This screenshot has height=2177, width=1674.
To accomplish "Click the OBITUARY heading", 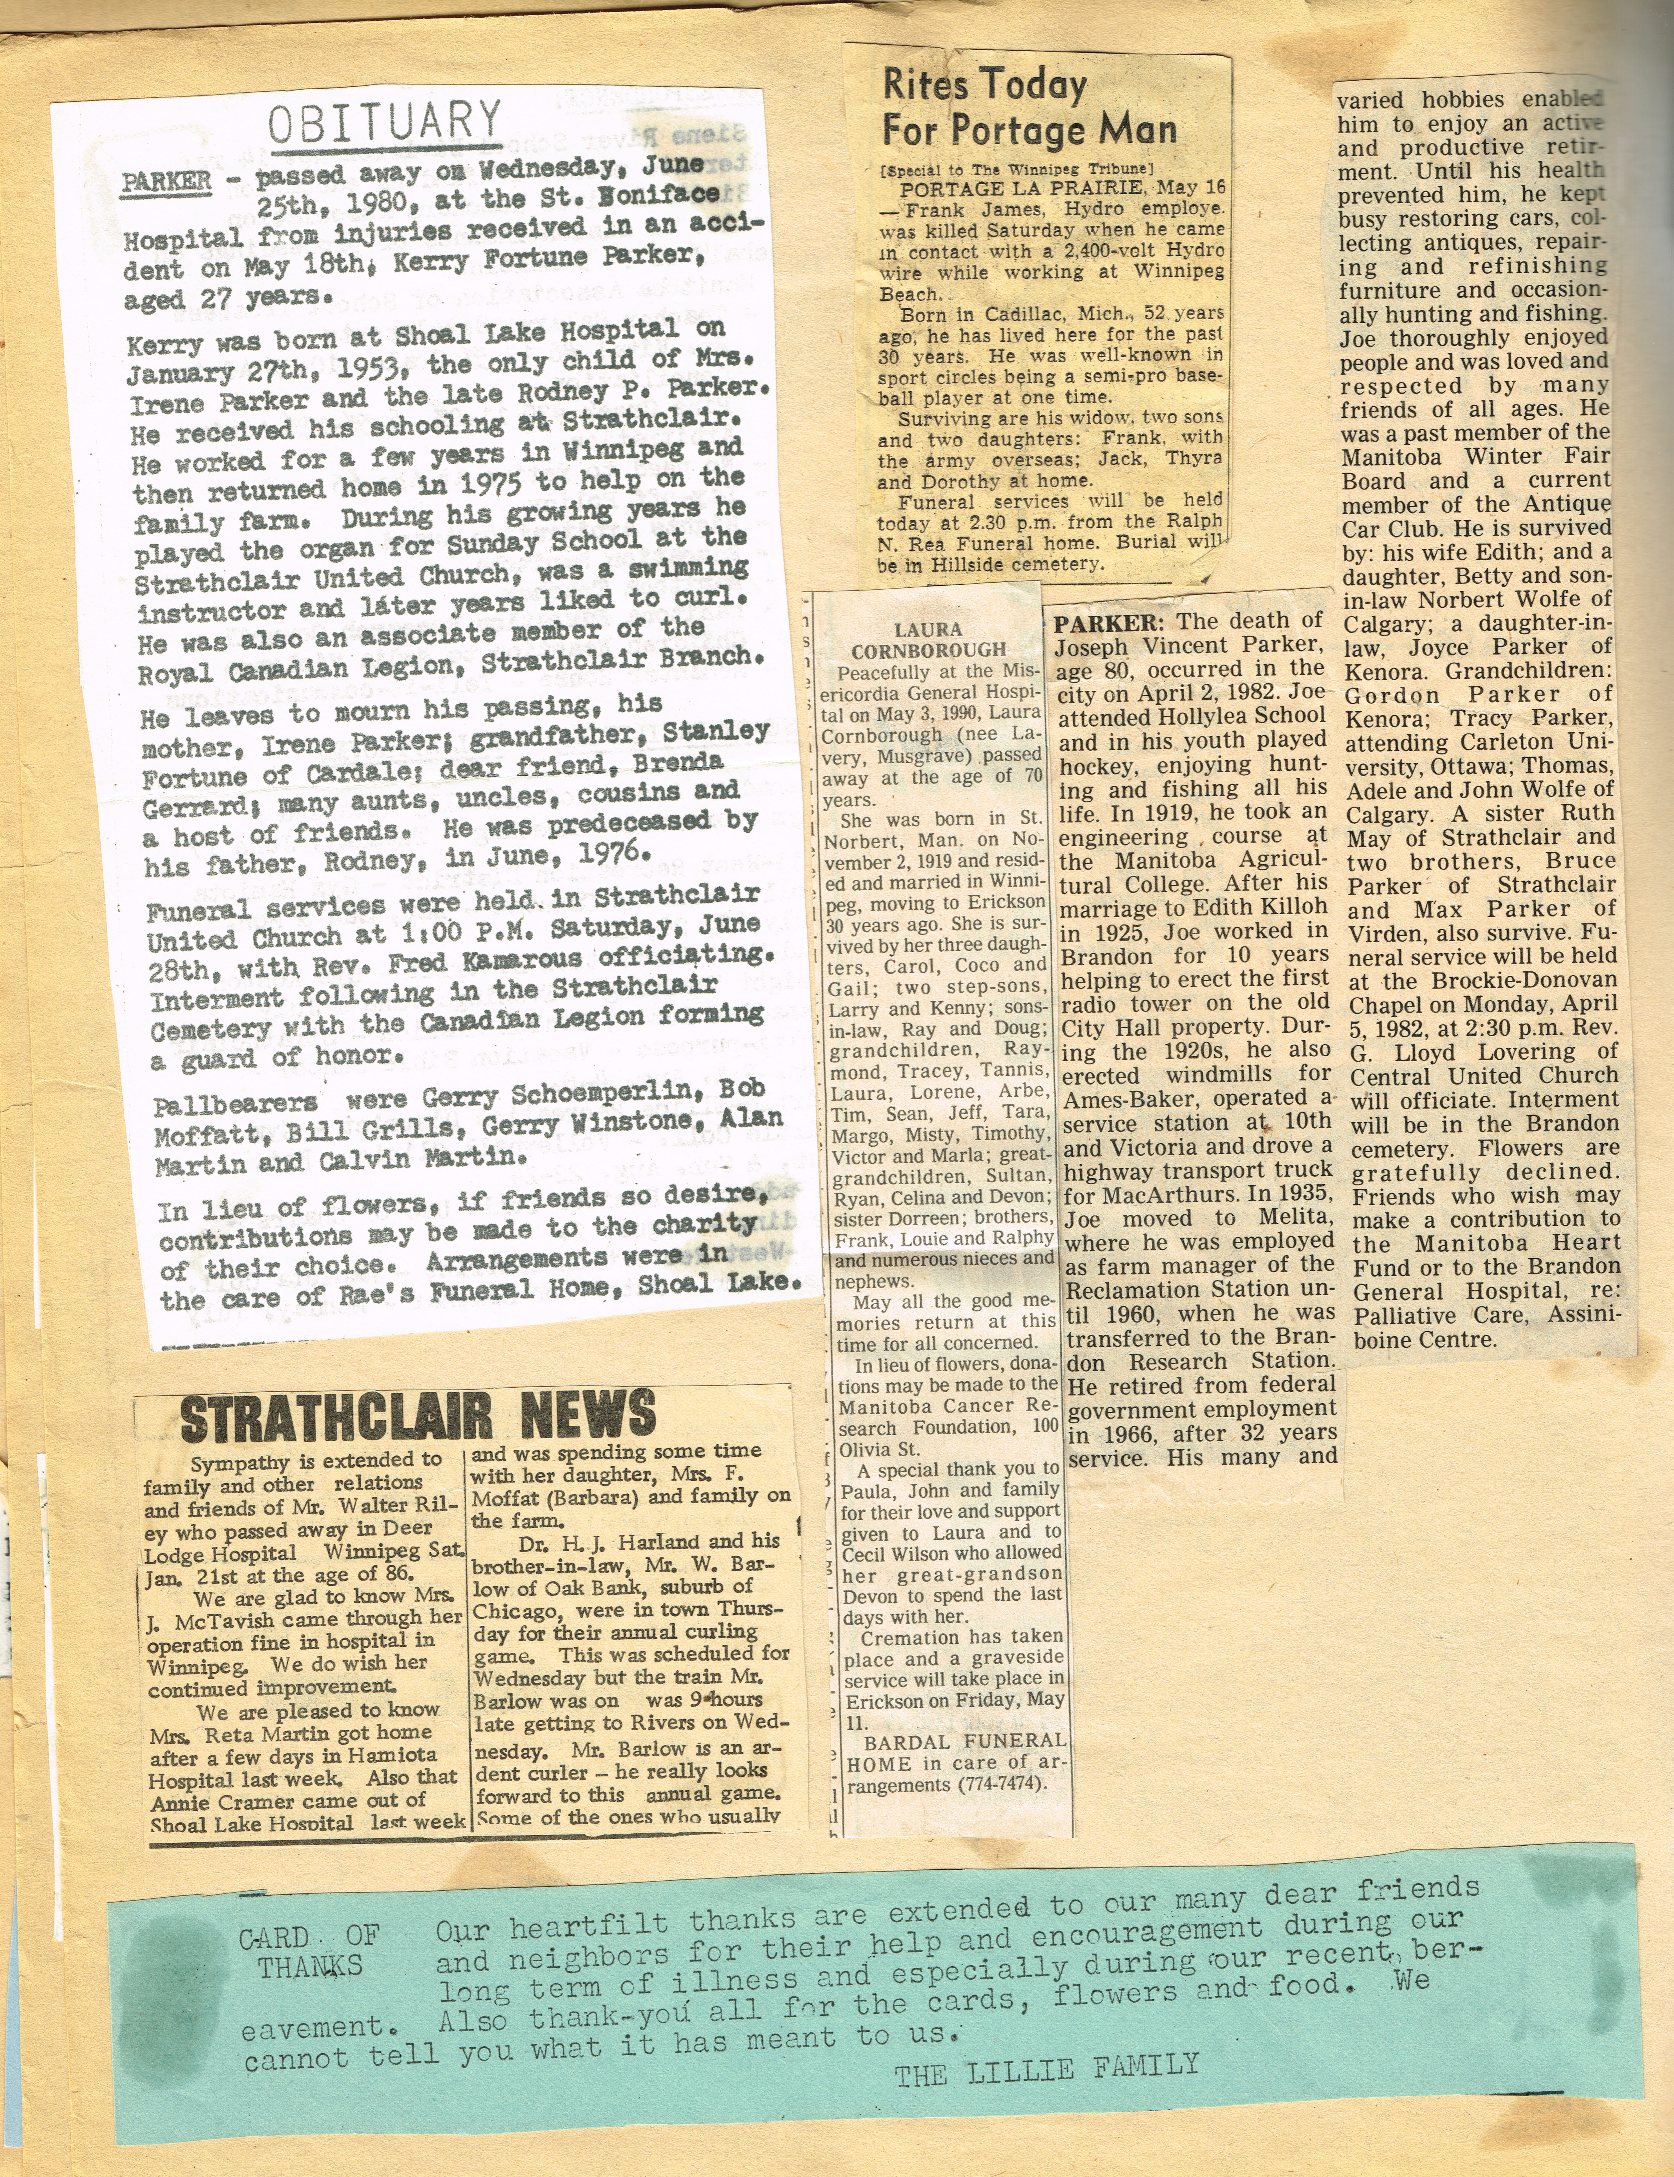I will (384, 123).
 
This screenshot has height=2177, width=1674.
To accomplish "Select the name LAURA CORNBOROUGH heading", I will (928, 639).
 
